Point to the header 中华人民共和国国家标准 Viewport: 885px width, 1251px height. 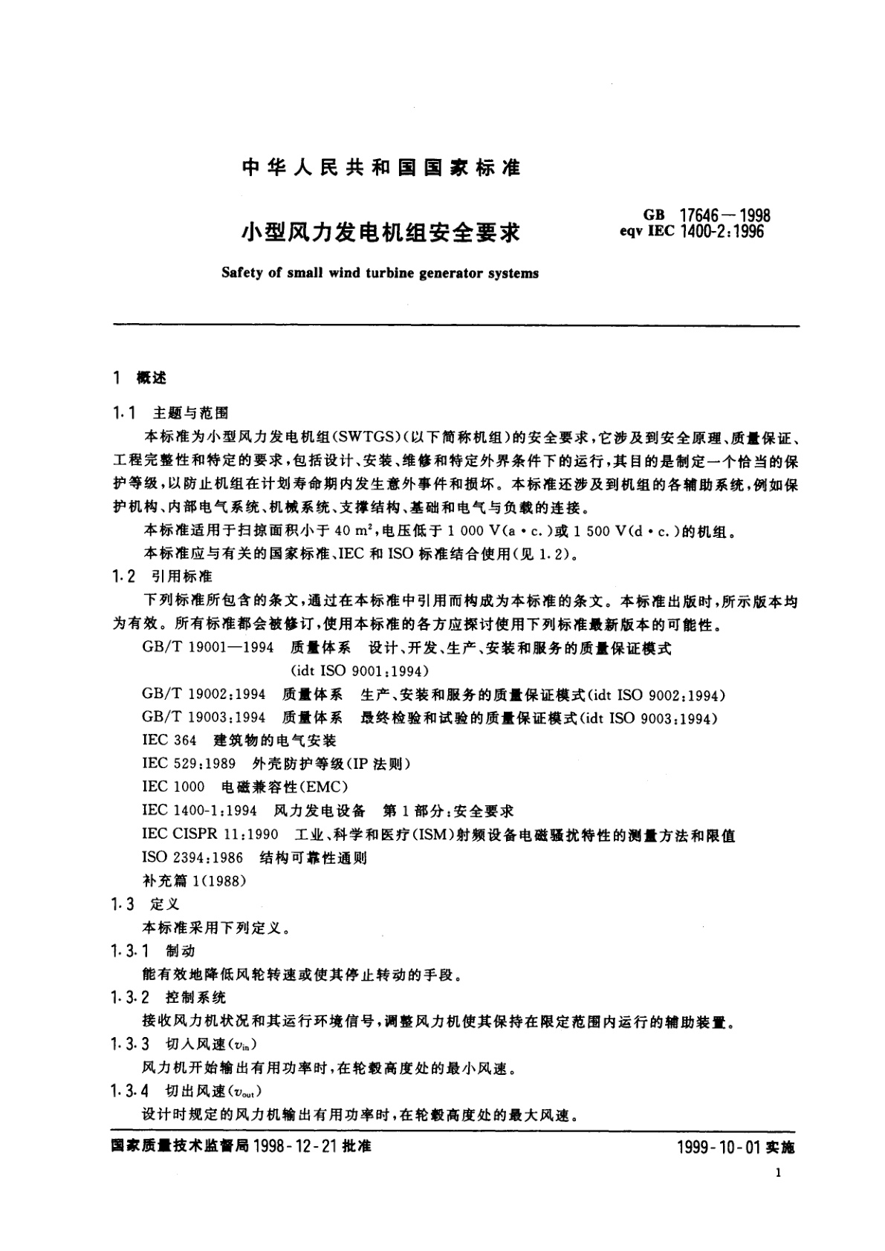click(x=380, y=167)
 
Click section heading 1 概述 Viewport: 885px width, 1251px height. click(x=140, y=378)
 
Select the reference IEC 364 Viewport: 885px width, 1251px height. click(x=169, y=741)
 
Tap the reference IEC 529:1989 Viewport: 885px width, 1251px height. click(x=189, y=764)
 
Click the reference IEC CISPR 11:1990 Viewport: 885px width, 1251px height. click(x=210, y=835)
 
